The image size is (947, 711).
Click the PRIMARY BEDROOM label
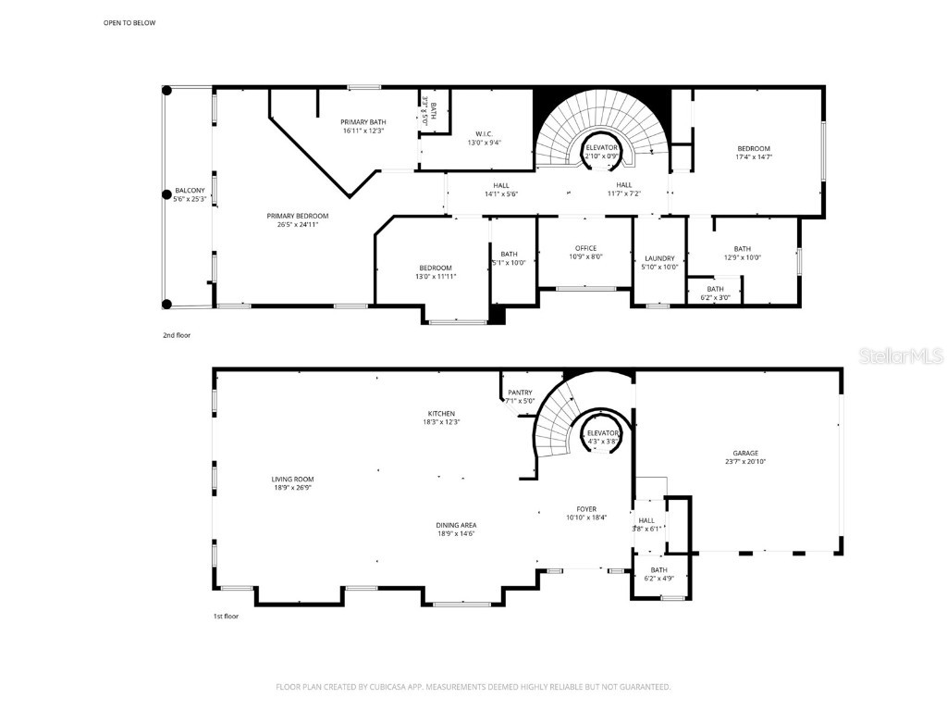(303, 216)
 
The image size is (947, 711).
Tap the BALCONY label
(190, 191)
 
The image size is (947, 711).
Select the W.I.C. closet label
(484, 133)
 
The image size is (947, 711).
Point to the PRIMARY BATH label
(363, 122)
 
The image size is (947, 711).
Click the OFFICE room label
(585, 248)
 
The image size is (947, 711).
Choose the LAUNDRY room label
(659, 258)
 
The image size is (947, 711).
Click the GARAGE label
(745, 453)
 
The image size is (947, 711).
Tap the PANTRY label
(520, 393)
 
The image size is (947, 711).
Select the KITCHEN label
(441, 414)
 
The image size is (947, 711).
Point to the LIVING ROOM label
(292, 480)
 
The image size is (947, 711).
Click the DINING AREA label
(457, 525)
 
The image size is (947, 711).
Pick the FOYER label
(586, 509)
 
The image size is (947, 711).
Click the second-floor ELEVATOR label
(601, 148)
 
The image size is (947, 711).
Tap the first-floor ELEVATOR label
(603, 432)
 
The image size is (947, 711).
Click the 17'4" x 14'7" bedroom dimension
(753, 157)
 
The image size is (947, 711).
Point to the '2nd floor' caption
(176, 335)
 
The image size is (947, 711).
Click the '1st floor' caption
(226, 616)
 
